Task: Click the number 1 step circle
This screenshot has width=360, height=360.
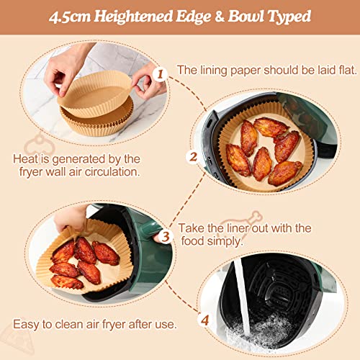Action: click(161, 73)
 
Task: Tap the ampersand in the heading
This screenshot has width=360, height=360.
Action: click(224, 17)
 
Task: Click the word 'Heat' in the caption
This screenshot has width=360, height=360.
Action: click(27, 158)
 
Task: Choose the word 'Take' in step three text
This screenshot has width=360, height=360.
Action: click(192, 228)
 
